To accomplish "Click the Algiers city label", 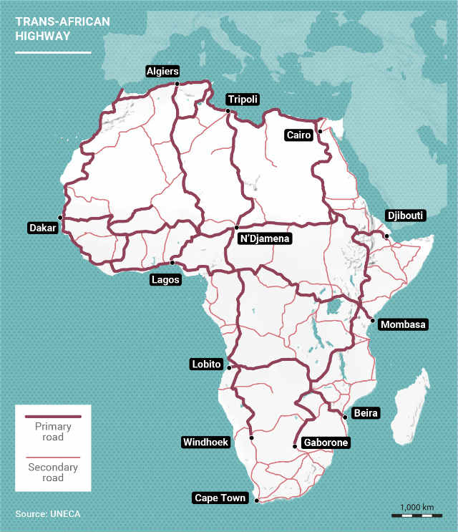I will click(162, 71).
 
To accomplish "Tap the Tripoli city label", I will click(242, 100).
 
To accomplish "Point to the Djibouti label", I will click(405, 215).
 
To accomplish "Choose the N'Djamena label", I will click(264, 239).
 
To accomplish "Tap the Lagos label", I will click(165, 279).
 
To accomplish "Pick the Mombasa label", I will click(403, 324).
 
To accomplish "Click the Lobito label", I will click(207, 364).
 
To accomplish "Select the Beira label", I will click(366, 413).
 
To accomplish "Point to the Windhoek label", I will click(205, 442).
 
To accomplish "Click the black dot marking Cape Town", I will click(256, 501).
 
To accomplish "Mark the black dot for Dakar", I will click(61, 217).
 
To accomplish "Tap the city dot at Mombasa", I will click(372, 320).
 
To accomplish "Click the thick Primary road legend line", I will click(53, 416).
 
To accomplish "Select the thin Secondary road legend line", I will click(53, 457).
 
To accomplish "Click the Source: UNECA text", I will click(49, 514).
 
